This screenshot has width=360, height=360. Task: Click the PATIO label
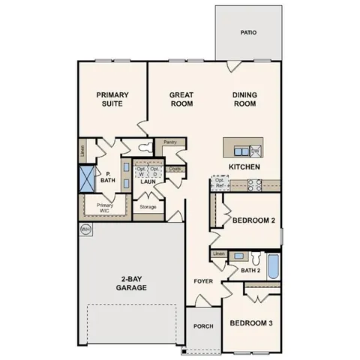point(248,33)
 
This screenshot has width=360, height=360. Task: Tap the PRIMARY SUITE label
point(112,99)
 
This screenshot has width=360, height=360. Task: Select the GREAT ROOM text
point(181,99)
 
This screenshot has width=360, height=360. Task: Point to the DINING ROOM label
point(244,99)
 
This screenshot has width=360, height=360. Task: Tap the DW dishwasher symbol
point(255,151)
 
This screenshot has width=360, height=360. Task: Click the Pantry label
point(169,142)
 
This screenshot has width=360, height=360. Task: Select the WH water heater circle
point(85,228)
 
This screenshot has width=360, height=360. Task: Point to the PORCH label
point(202,326)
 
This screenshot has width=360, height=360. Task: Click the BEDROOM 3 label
point(251,323)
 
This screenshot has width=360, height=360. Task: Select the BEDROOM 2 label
point(253,220)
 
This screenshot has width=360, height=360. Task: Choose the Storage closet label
point(148,206)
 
